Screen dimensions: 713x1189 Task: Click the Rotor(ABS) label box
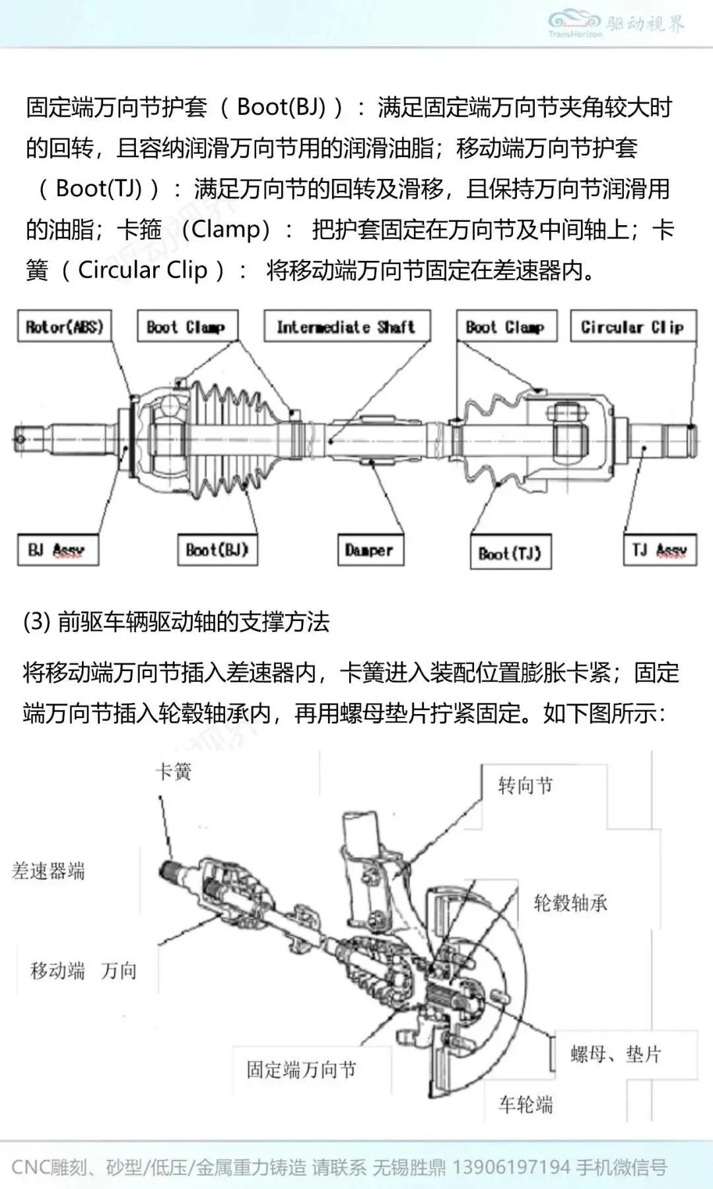click(64, 327)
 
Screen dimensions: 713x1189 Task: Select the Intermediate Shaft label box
click(347, 327)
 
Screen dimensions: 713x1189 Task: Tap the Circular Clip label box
click(632, 327)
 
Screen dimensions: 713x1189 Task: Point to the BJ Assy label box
click(57, 550)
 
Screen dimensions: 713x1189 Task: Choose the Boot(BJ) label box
click(217, 550)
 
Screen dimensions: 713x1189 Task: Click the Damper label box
click(370, 550)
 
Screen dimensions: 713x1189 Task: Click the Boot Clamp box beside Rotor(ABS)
click(187, 327)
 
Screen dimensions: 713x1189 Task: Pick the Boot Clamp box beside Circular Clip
click(506, 327)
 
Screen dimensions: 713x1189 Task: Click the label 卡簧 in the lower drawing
click(174, 772)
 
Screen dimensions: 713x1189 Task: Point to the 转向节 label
click(526, 785)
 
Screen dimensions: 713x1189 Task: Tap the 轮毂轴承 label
click(570, 903)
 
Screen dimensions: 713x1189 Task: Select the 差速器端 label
click(49, 871)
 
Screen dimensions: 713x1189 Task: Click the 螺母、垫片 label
click(615, 1054)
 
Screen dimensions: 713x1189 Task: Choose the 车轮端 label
click(526, 1104)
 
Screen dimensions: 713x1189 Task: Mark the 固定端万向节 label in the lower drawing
click(302, 1069)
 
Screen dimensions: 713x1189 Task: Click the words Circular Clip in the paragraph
click(143, 270)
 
